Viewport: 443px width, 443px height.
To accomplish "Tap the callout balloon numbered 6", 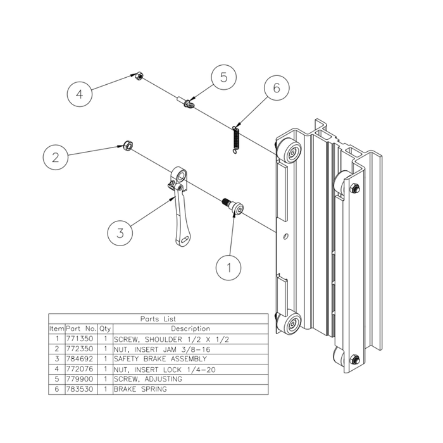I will (275, 89).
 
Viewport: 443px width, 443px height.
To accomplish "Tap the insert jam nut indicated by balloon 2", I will (127, 147).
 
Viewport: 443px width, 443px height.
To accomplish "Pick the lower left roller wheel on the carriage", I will (292, 326).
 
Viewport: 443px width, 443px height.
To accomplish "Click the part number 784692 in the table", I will (80, 359).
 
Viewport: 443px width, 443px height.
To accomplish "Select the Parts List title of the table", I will (158, 319).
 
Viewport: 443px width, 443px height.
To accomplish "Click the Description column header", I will (189, 329).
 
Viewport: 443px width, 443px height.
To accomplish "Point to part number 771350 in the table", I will (80, 339).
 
